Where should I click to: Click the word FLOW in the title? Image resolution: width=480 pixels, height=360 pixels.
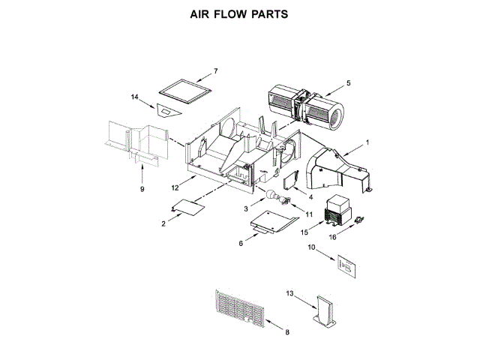[x=232, y=14]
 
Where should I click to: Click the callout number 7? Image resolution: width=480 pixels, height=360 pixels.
[x=215, y=71]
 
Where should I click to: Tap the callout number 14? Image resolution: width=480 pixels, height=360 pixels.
[x=135, y=97]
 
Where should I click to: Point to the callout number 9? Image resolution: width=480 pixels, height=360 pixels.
[x=142, y=190]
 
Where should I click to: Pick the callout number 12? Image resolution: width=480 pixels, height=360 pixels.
[x=175, y=187]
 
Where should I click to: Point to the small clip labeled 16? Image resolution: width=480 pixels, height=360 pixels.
[x=359, y=220]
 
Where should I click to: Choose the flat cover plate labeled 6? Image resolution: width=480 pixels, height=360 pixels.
[x=271, y=222]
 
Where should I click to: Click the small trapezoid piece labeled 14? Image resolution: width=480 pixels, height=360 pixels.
[x=163, y=109]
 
